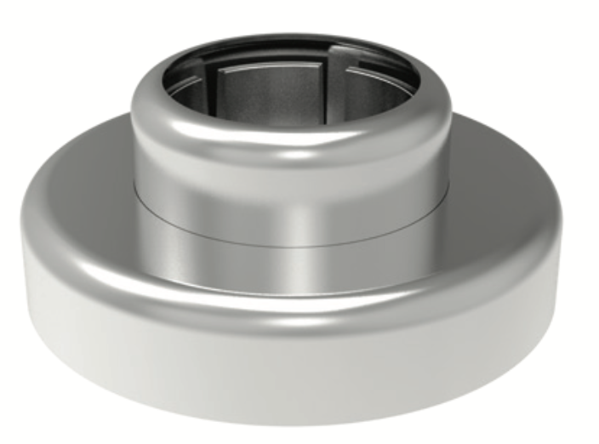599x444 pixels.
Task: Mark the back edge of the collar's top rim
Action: coord(289,38)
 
